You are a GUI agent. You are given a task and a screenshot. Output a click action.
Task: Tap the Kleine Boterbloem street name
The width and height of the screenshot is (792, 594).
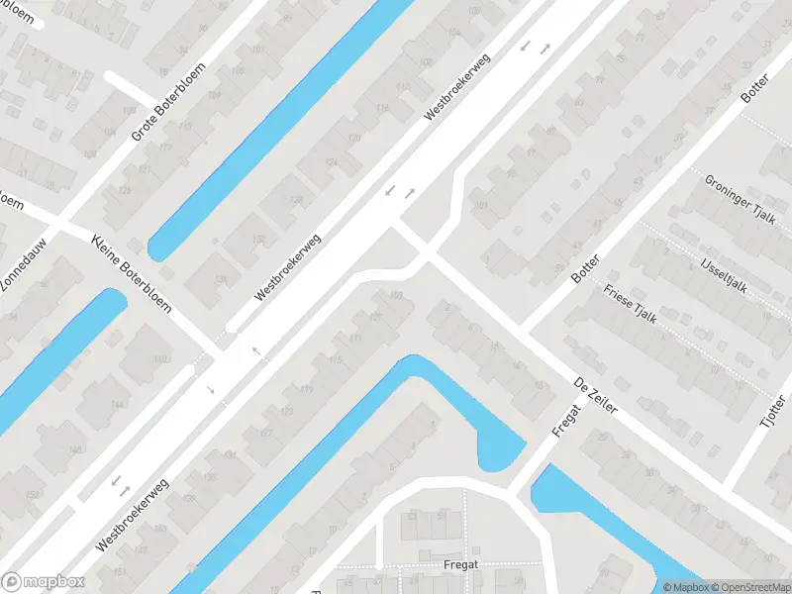point(131,274)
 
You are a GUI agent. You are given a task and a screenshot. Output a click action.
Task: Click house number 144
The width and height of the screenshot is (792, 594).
point(119,405)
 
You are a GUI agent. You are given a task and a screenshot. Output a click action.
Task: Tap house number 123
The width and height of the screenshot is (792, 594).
point(287,410)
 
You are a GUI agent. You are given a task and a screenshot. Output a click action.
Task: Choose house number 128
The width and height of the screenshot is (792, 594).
point(295,200)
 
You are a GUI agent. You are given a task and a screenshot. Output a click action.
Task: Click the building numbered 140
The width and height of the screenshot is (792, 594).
point(159,358)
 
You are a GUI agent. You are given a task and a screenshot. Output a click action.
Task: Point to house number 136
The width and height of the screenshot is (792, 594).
point(220,280)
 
